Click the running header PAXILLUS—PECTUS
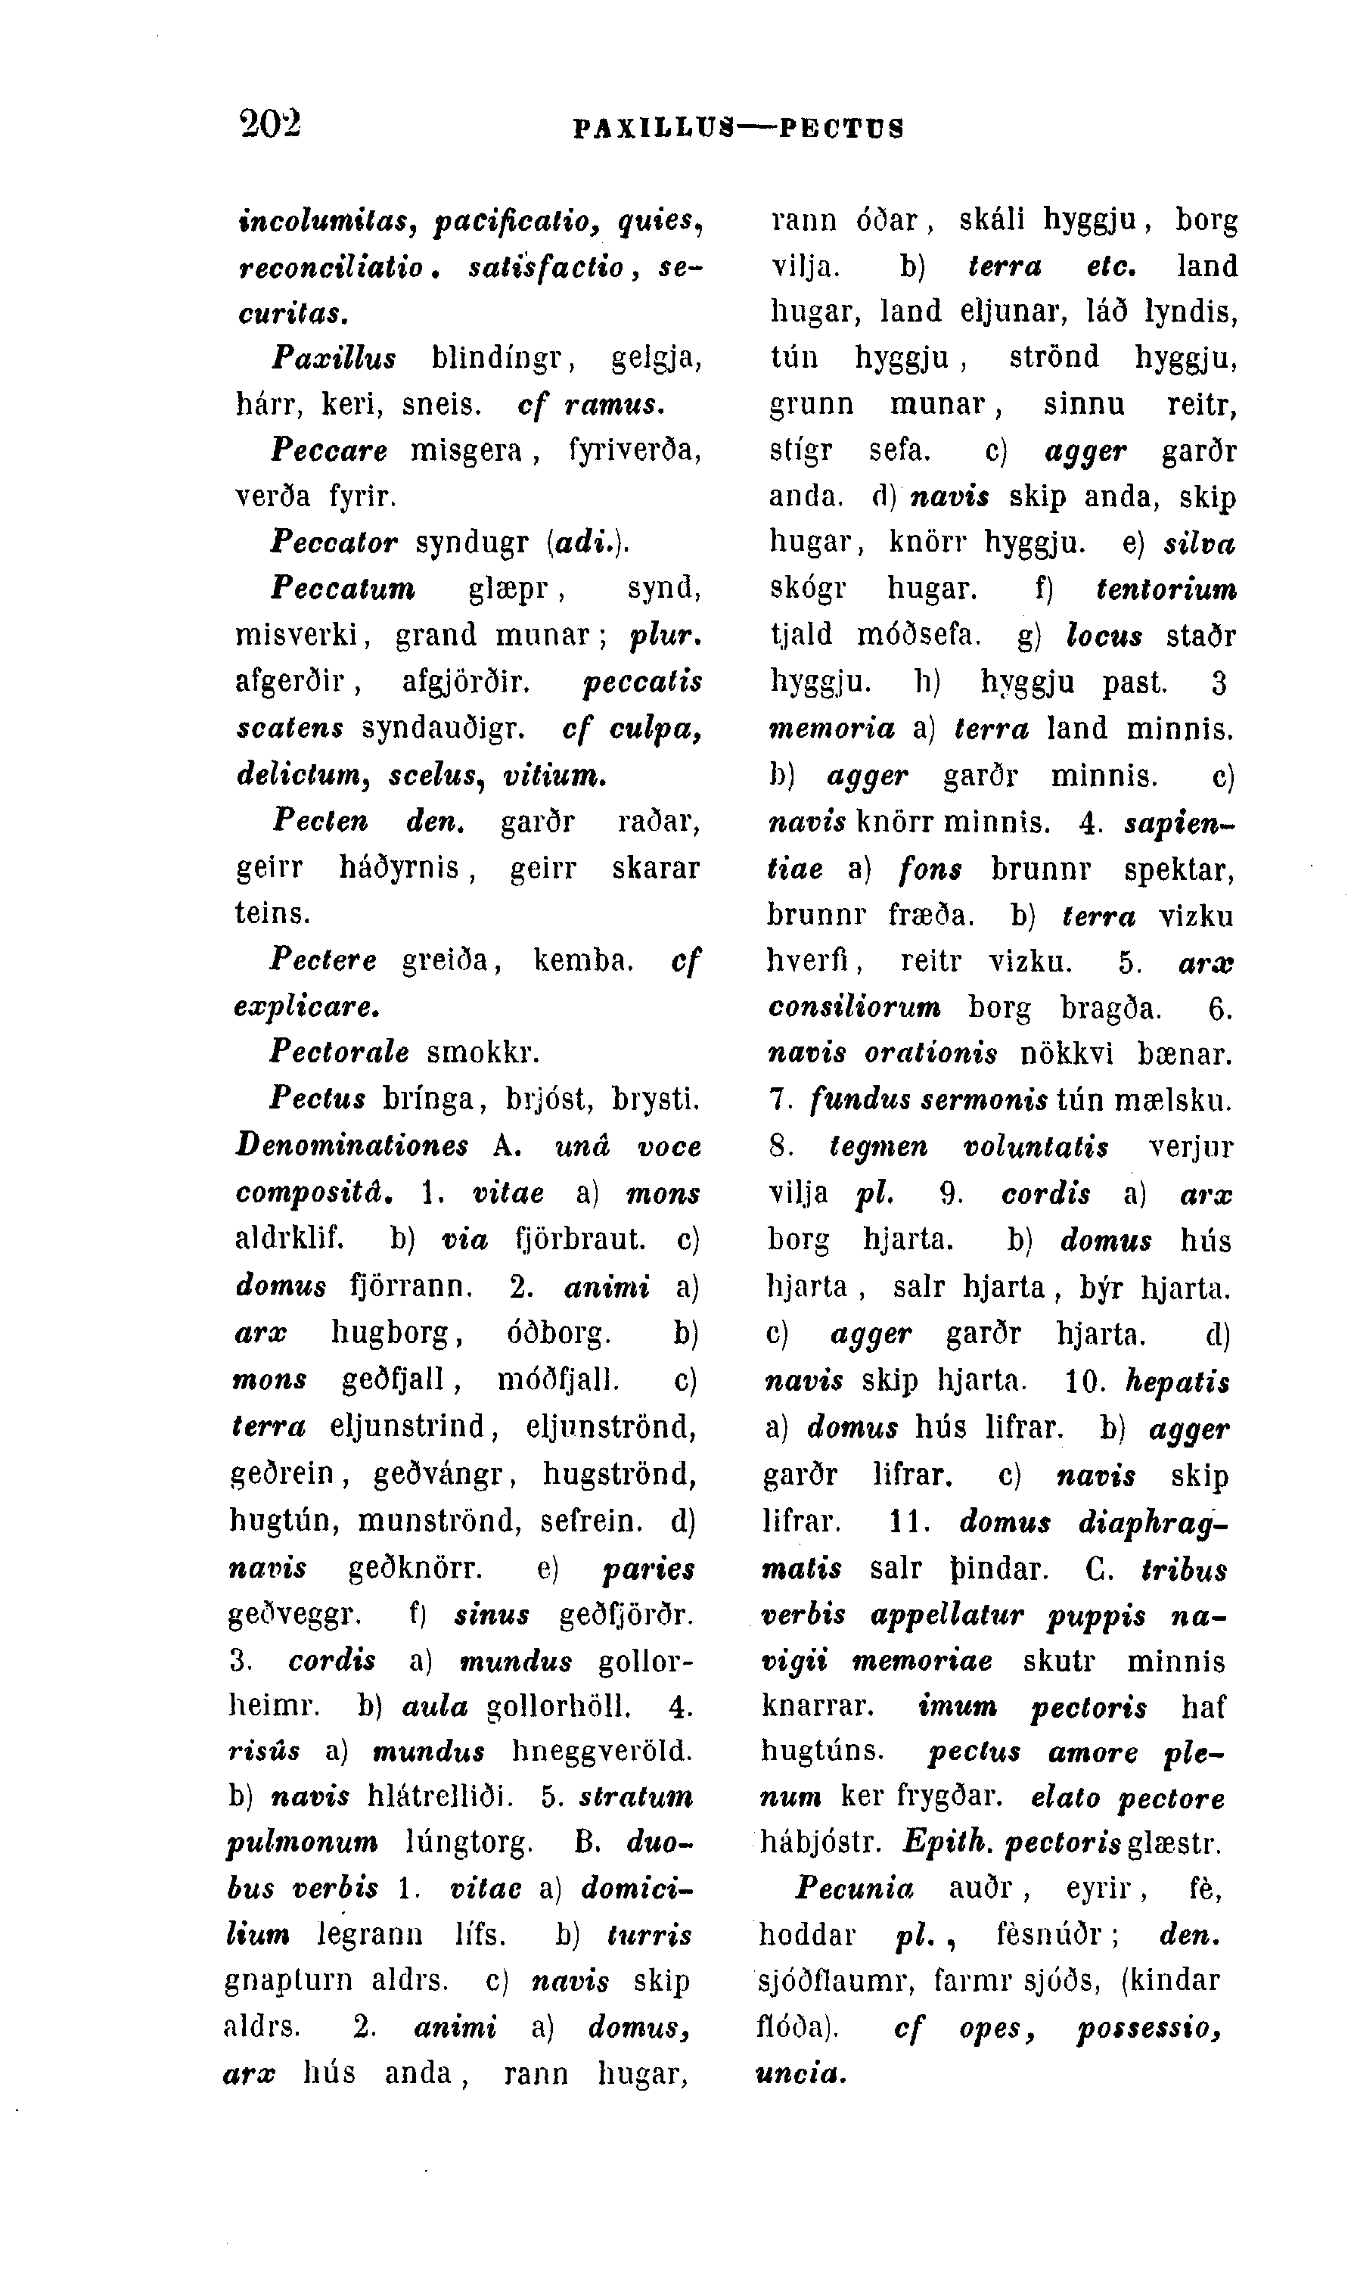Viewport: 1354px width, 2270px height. coord(738,127)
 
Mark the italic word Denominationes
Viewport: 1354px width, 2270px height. coord(352,1146)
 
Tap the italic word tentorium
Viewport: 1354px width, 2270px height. coord(1167,589)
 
